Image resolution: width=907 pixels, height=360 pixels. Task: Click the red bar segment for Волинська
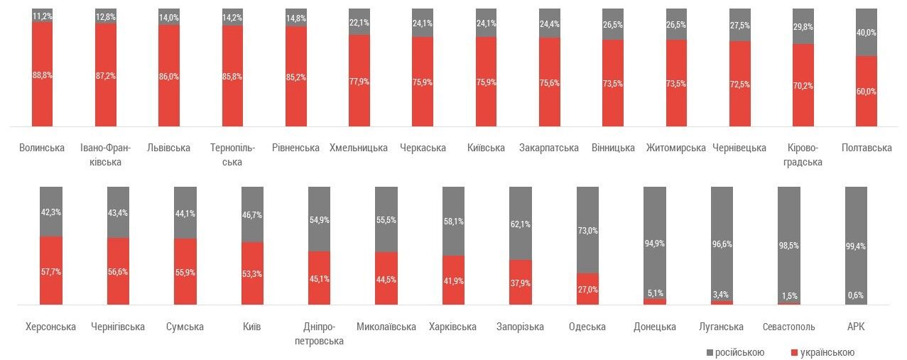pyautogui.click(x=42, y=75)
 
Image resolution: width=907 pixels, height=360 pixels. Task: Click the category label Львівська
pyautogui.click(x=168, y=148)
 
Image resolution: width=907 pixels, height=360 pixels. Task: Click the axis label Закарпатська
pyautogui.click(x=549, y=148)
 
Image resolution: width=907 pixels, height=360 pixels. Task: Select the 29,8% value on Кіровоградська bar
pyautogui.click(x=803, y=27)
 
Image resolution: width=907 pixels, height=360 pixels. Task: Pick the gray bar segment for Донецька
pyautogui.click(x=655, y=242)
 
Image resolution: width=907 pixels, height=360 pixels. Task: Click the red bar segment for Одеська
pyautogui.click(x=587, y=289)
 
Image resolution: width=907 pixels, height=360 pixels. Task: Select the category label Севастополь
pyautogui.click(x=788, y=327)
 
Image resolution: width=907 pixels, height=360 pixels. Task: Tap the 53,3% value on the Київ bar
pyautogui.click(x=253, y=273)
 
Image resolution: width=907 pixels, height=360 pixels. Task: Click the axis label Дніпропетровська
pyautogui.click(x=319, y=334)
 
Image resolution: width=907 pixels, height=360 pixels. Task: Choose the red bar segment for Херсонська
pyautogui.click(x=50, y=270)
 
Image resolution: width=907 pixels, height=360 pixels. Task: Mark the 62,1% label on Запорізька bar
pyautogui.click(x=520, y=224)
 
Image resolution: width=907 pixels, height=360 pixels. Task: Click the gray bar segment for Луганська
pyautogui.click(x=722, y=243)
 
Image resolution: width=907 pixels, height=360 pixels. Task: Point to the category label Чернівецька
pyautogui.click(x=739, y=148)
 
